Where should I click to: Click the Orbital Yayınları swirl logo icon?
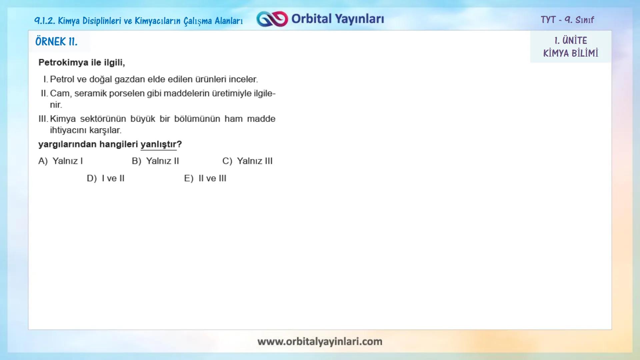(x=272, y=19)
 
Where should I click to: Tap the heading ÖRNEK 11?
(x=56, y=42)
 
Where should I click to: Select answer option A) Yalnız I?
(x=61, y=161)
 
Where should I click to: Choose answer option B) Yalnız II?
(x=155, y=161)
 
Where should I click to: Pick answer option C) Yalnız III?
(x=247, y=161)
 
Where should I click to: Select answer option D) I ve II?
(x=106, y=178)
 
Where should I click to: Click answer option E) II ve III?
(x=205, y=178)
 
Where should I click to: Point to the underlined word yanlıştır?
(x=158, y=144)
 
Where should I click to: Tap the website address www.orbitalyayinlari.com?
(x=320, y=341)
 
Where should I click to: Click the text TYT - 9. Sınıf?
(x=567, y=20)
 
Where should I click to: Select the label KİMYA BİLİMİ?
(x=571, y=53)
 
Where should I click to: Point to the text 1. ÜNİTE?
(x=571, y=41)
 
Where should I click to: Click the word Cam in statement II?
(x=60, y=93)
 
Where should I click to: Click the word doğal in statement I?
(x=100, y=79)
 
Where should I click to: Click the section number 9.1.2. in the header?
(x=45, y=21)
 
